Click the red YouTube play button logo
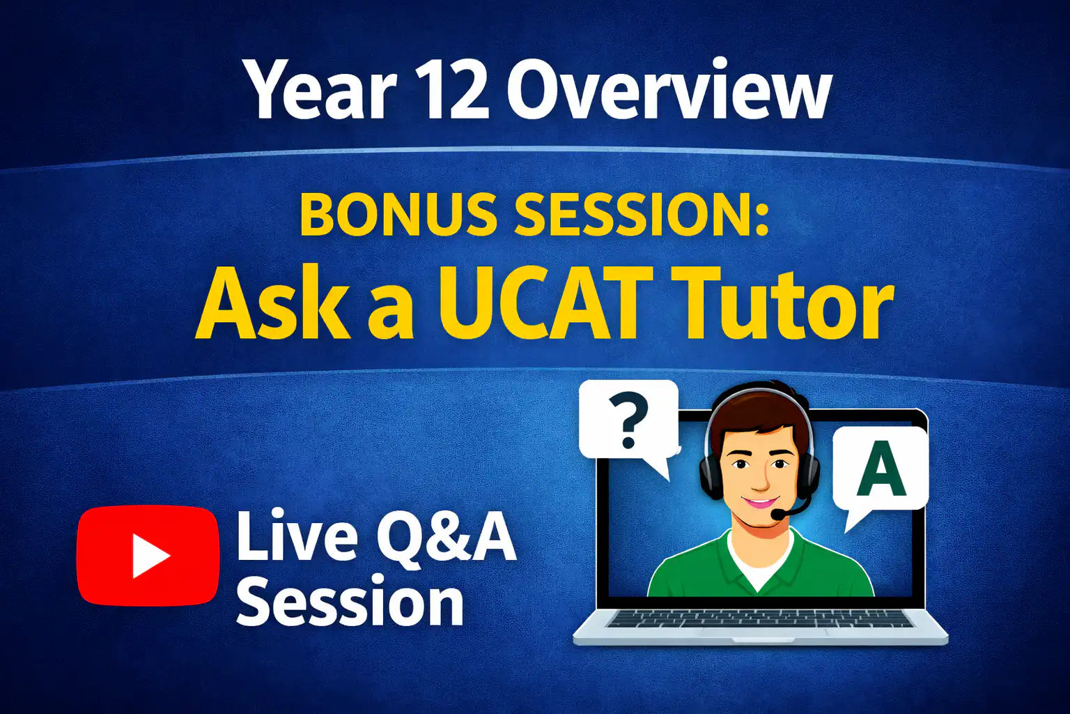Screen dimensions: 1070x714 pyautogui.click(x=148, y=556)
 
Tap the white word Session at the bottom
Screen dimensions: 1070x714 pyautogui.click(x=350, y=600)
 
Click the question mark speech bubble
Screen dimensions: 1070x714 pyautogui.click(x=628, y=423)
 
